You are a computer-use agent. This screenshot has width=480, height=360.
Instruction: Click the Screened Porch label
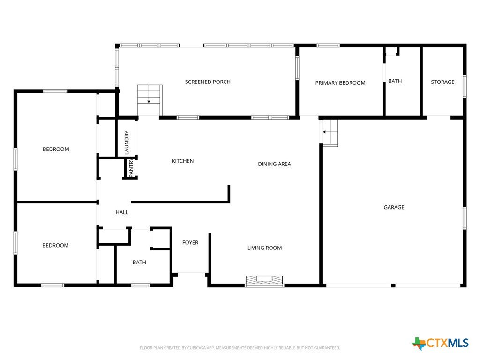(x=208, y=82)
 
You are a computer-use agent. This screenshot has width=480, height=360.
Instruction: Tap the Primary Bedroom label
(x=340, y=83)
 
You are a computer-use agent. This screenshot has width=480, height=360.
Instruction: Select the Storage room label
(x=442, y=82)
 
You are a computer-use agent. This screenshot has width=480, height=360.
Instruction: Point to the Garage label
(x=394, y=207)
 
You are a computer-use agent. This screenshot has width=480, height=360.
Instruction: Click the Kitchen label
(x=182, y=161)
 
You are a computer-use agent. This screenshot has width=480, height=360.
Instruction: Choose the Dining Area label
(x=274, y=164)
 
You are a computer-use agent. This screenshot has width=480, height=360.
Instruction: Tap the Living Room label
(x=264, y=248)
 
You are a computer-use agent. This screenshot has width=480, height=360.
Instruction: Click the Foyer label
(x=190, y=243)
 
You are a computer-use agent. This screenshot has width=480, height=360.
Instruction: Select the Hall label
(x=122, y=212)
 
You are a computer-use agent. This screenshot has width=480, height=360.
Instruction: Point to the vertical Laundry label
(x=127, y=142)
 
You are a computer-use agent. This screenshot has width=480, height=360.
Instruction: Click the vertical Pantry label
(x=131, y=167)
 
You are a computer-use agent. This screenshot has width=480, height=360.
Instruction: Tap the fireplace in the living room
(x=264, y=281)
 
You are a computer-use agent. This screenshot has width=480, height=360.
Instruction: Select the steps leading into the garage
(x=330, y=133)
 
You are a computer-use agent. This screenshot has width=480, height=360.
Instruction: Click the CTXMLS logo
(x=440, y=343)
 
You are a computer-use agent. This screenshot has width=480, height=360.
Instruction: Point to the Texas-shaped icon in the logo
(x=419, y=344)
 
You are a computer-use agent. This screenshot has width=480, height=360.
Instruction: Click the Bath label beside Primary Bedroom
(x=395, y=81)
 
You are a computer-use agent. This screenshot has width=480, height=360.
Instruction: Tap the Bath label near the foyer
(x=139, y=262)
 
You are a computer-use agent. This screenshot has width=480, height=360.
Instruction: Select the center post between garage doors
(x=393, y=285)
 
